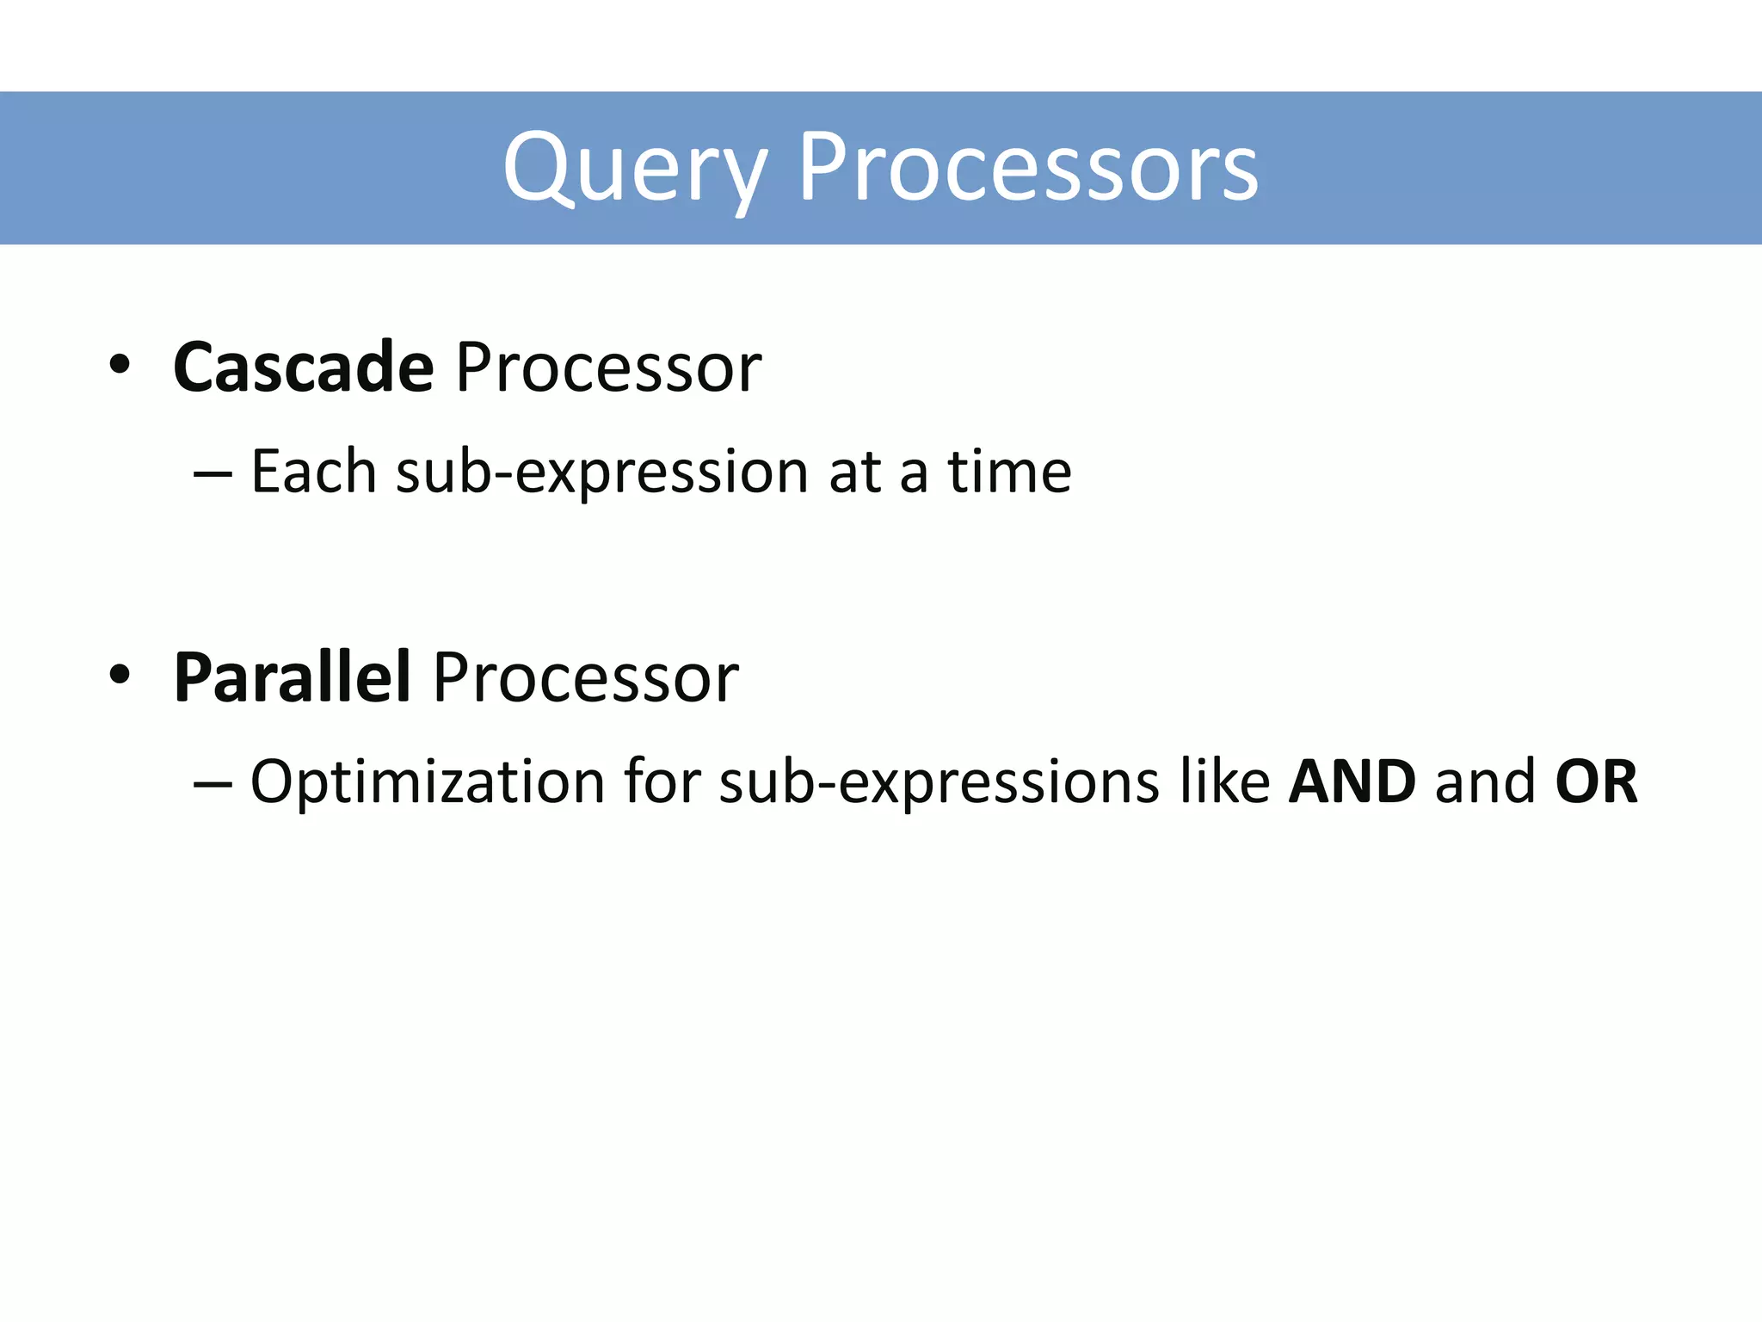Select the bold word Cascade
tap(303, 368)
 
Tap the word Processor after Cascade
tap(608, 368)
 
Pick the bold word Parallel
tap(291, 677)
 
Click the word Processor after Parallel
tap(585, 677)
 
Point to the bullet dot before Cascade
tap(120, 366)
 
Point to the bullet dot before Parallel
tap(120, 676)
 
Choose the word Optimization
tap(427, 783)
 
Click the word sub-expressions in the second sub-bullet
tap(939, 783)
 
